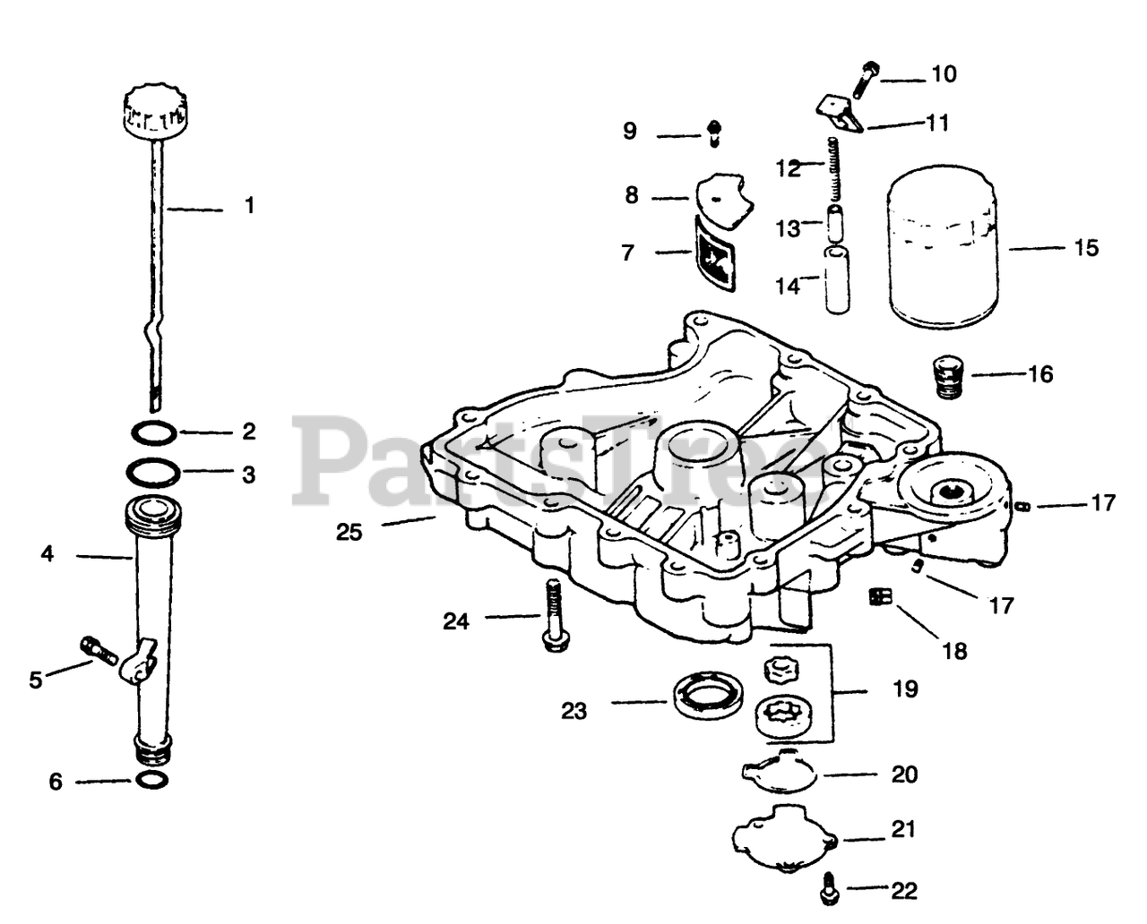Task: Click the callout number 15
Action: coord(1085,248)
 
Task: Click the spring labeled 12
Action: coord(835,168)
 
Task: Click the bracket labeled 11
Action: coord(841,113)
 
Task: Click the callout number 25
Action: coord(349,532)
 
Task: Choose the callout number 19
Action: coord(905,689)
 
